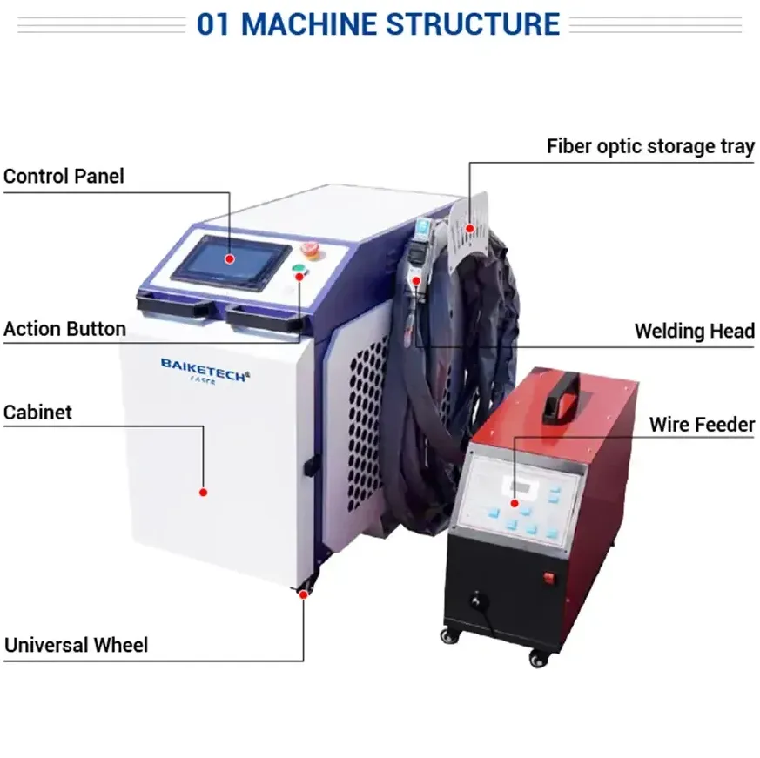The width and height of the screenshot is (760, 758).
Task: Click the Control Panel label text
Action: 64,177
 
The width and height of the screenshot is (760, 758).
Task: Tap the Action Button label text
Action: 64,329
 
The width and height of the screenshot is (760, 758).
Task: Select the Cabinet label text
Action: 37,413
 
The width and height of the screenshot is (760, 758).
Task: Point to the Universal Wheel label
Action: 76,645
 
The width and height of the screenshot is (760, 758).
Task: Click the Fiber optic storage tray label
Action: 650,146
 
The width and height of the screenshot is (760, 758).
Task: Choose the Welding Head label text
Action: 695,331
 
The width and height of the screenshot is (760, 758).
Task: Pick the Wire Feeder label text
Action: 702,425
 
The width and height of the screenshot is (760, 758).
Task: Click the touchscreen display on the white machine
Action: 231,262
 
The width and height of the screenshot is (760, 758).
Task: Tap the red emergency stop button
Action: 309,250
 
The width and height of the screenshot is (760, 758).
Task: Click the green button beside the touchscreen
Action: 298,270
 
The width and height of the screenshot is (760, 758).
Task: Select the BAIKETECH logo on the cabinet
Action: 205,371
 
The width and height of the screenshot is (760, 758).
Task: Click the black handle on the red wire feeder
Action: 562,398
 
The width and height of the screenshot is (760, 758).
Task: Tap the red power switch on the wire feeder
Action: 548,578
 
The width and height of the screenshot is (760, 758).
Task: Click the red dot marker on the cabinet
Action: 203,493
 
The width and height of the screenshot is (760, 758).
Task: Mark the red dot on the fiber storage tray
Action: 469,228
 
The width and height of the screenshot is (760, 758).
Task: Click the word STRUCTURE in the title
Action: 473,23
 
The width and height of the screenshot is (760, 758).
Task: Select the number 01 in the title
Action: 212,24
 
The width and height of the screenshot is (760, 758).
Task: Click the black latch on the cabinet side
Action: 310,466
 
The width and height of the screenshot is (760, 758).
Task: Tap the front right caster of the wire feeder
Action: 539,658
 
